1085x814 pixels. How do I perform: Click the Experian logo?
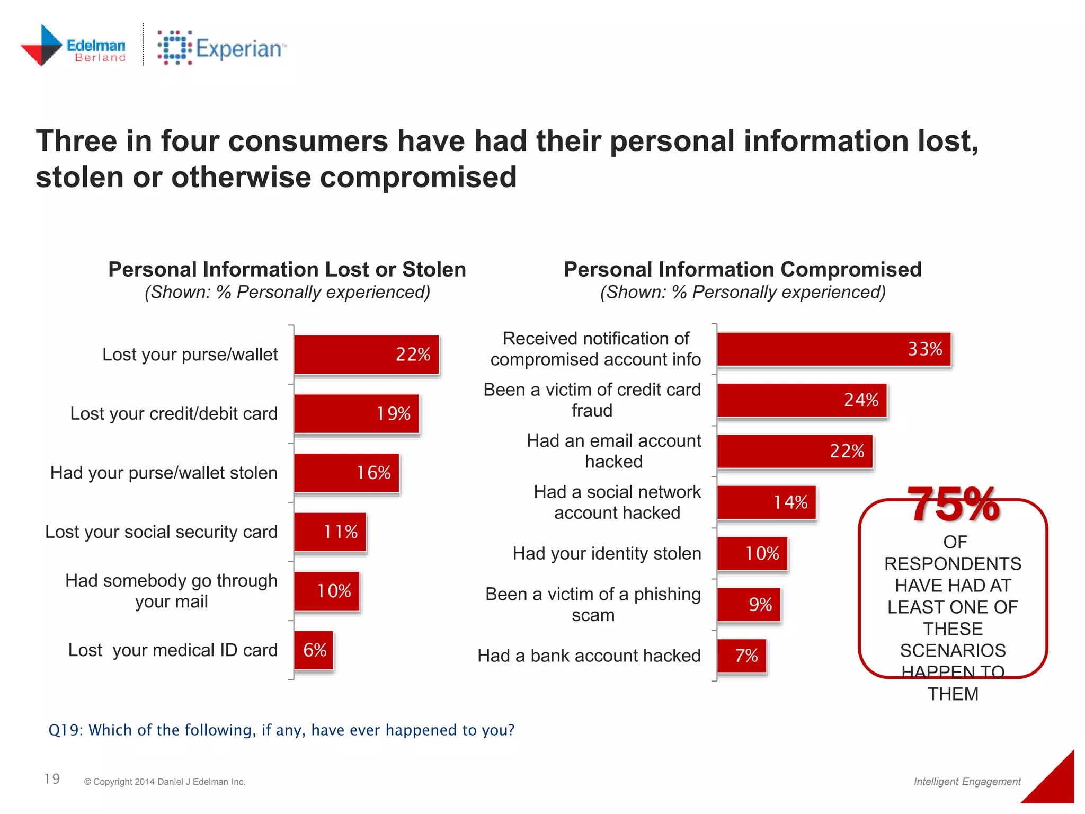point(221,48)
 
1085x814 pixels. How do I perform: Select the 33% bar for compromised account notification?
point(833,349)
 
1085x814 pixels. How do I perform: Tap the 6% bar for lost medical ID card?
point(314,650)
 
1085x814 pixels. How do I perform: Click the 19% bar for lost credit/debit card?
point(356,414)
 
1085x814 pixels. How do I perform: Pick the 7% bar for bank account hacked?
point(742,656)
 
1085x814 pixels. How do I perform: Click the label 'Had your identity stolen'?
point(607,553)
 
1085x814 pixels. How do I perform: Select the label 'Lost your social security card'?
point(161,532)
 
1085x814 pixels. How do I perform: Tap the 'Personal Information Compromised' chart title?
point(742,269)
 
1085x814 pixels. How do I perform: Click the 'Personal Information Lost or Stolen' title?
point(287,269)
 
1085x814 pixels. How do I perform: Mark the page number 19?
point(52,778)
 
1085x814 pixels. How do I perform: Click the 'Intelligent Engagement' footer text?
point(967,781)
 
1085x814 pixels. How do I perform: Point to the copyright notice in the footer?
point(165,782)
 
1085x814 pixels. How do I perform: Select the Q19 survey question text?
point(281,730)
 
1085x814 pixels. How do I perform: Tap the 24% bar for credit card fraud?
point(802,401)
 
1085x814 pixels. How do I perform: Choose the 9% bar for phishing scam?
point(749,605)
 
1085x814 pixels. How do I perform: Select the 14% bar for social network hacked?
point(766,502)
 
